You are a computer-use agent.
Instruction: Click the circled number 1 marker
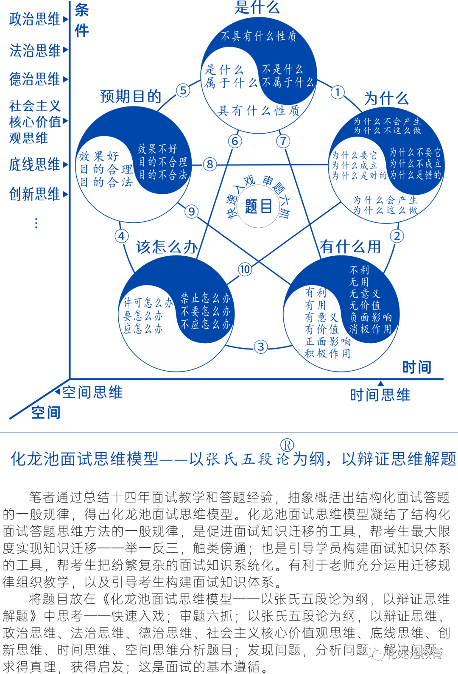[337, 92]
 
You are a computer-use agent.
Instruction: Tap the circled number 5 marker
[183, 90]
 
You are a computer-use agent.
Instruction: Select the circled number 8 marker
[209, 164]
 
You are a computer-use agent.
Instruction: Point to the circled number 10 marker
[245, 269]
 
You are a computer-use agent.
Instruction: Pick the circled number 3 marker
[261, 347]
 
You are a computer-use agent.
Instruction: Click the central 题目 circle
[258, 207]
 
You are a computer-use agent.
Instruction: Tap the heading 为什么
[386, 98]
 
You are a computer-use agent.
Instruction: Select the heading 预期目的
[130, 97]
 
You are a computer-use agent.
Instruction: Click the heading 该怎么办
[167, 247]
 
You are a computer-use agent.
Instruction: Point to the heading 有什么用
[350, 246]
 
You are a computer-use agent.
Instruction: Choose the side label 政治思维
[35, 19]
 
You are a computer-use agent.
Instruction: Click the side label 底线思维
[35, 165]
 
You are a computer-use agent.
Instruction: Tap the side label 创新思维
[35, 194]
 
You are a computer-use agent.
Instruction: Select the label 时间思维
[380, 395]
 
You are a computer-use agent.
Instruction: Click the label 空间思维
[92, 392]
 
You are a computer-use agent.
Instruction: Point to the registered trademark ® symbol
[287, 445]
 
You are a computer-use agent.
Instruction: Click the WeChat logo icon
[374, 653]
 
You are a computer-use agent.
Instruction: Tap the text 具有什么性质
[258, 111]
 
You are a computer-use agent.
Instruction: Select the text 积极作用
[327, 353]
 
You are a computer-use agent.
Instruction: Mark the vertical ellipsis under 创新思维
[36, 223]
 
